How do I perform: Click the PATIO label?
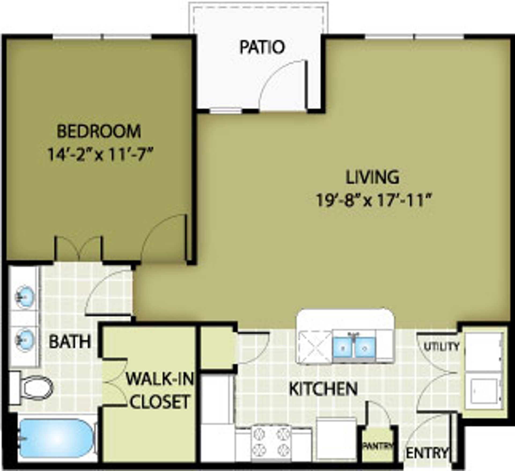[x=262, y=47]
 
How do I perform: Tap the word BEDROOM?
[x=99, y=131]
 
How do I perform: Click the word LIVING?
[x=373, y=177]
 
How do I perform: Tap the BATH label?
[x=70, y=342]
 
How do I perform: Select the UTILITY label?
[x=442, y=347]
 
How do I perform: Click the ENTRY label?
[x=427, y=453]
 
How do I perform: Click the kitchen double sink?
[x=354, y=347]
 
